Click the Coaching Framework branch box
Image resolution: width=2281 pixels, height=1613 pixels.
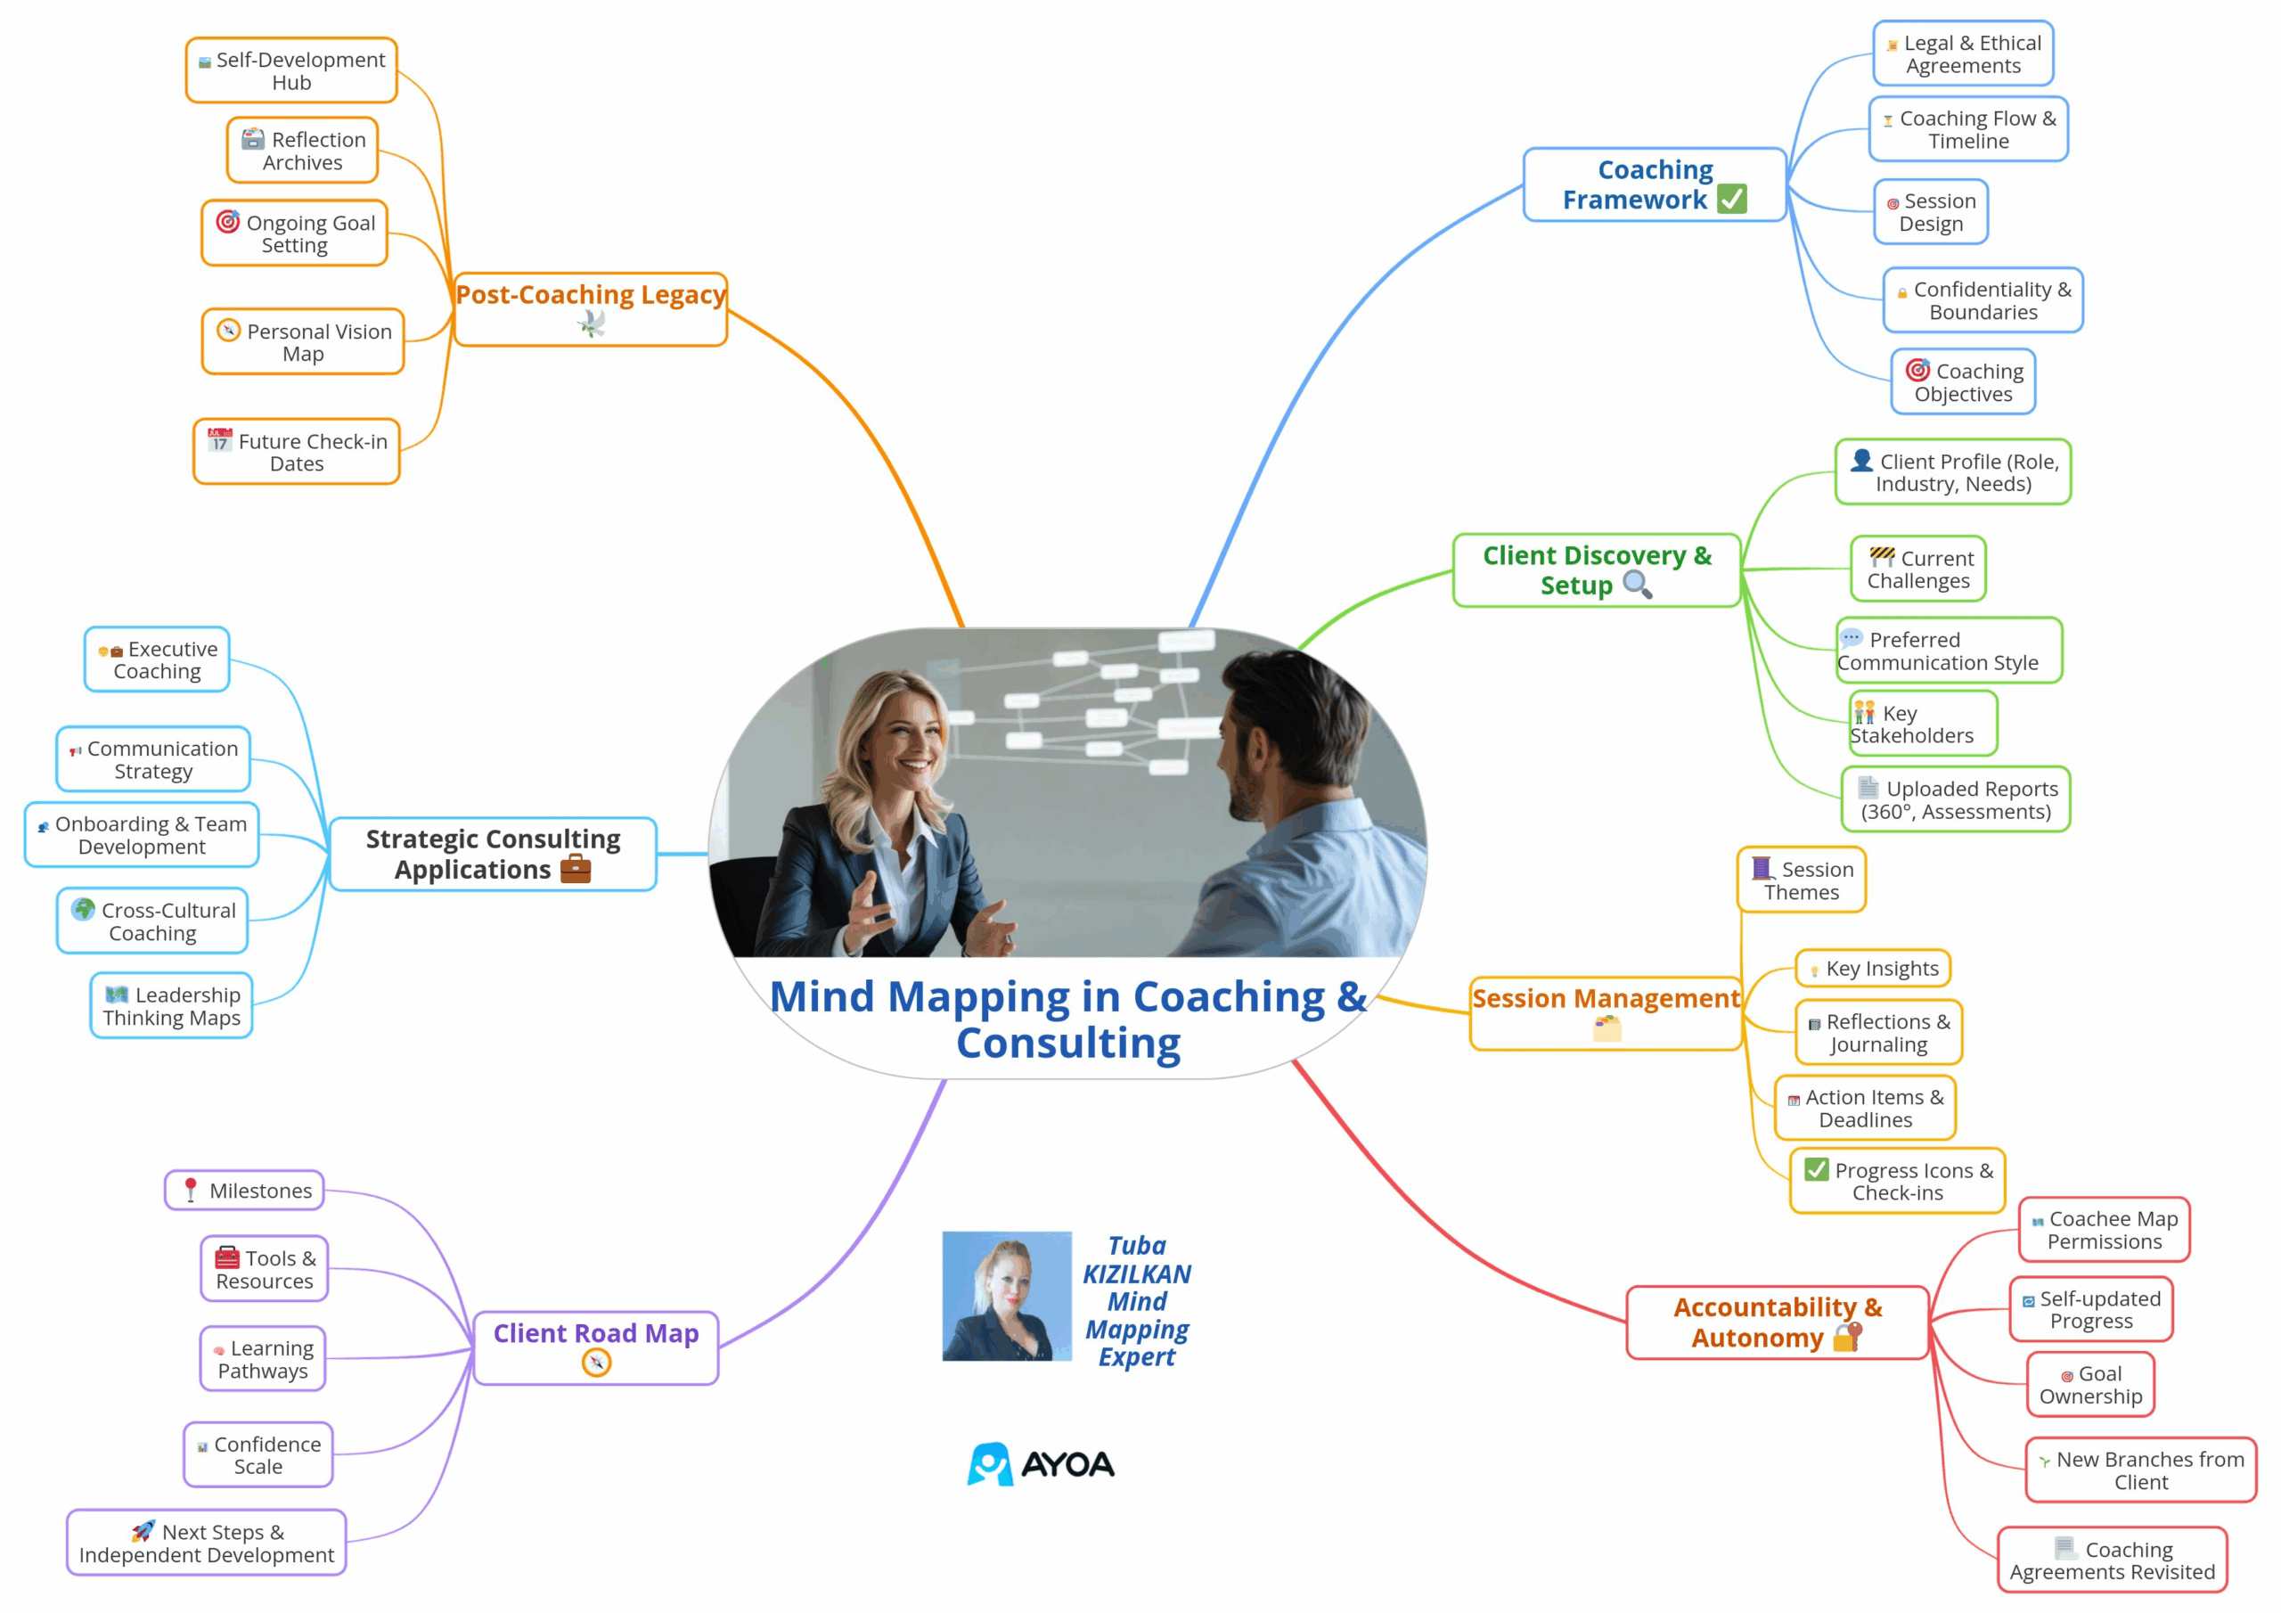click(1654, 184)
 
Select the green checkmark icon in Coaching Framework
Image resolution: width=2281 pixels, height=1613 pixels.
click(1731, 199)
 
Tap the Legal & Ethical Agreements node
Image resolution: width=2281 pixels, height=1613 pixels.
click(1963, 53)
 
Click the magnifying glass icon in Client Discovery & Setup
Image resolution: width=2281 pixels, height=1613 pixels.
click(1636, 585)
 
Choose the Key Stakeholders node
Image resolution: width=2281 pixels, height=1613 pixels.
click(1921, 725)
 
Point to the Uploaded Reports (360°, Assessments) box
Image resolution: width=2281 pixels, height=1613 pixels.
click(1955, 800)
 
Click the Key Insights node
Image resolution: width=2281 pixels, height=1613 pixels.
click(1873, 968)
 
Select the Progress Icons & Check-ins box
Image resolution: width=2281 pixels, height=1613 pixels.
click(1898, 1181)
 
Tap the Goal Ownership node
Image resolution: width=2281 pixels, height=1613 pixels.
click(2090, 1384)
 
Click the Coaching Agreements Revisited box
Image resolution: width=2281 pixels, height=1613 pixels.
click(2112, 1560)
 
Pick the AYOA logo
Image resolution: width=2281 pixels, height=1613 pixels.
click(1042, 1464)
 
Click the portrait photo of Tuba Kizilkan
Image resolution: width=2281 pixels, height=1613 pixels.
click(1006, 1296)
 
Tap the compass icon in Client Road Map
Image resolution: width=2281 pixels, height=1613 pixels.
click(596, 1363)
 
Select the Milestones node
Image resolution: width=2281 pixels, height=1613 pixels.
click(245, 1191)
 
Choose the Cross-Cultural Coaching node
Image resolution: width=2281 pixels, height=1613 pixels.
click(152, 921)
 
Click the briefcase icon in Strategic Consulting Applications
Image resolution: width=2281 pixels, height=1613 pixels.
click(576, 870)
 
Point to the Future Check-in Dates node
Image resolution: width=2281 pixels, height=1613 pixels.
click(296, 452)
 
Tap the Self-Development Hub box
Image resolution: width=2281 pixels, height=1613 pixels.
click(291, 70)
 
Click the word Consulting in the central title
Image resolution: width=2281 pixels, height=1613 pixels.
click(1068, 1044)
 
